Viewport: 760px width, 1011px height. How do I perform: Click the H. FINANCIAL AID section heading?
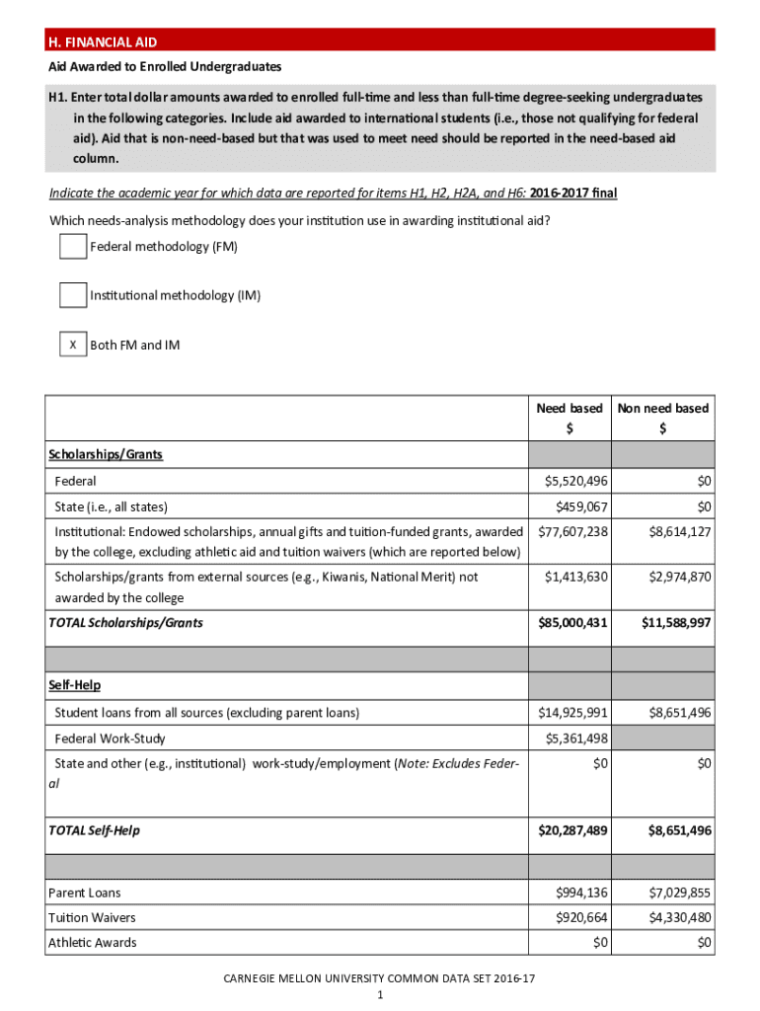[103, 41]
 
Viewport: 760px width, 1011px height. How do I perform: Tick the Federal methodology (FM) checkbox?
[72, 246]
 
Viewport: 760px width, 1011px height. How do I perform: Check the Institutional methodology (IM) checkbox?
[72, 294]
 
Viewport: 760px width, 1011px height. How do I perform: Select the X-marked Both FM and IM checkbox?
[72, 345]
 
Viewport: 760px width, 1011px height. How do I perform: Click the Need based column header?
[569, 408]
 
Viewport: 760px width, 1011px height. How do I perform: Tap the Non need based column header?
[662, 408]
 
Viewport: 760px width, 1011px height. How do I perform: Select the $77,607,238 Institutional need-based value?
[572, 531]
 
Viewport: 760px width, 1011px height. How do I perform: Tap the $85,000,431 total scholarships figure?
[572, 623]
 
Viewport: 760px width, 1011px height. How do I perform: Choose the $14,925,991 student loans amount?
[572, 712]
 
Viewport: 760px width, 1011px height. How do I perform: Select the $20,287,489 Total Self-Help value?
[572, 830]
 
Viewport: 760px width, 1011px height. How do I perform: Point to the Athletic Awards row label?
[93, 942]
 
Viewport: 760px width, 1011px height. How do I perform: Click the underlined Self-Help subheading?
[74, 684]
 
